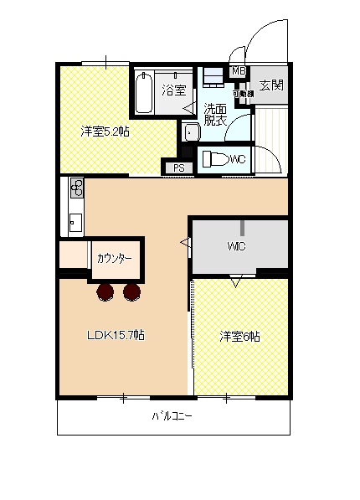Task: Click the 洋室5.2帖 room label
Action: tap(105, 131)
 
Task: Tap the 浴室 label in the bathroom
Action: tap(174, 90)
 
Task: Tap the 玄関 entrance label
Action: tap(270, 85)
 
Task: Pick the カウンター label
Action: tap(115, 258)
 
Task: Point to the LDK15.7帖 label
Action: tap(116, 335)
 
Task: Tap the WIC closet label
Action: tap(234, 246)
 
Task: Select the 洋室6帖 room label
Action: tap(239, 337)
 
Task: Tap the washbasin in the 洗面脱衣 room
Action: tap(190, 132)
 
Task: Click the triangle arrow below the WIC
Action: tap(235, 282)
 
